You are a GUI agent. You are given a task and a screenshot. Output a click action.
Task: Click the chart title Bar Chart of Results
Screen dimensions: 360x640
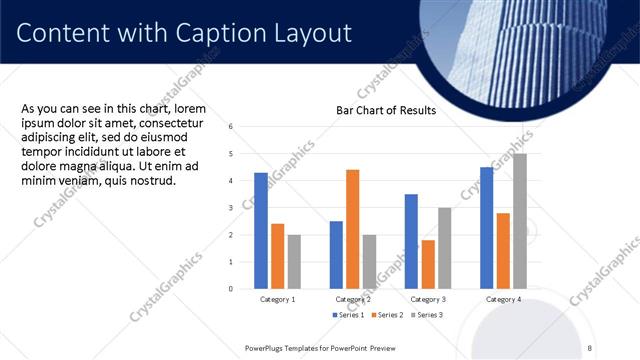(x=385, y=110)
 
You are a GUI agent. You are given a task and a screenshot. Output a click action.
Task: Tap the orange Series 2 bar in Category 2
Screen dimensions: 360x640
(x=352, y=229)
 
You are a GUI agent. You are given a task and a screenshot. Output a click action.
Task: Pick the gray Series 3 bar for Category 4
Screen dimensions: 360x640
(x=519, y=221)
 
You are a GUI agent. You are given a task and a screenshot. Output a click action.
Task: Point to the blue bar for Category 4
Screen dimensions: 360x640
(x=486, y=227)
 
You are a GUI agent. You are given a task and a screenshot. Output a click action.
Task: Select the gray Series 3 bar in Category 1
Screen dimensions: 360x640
(x=294, y=261)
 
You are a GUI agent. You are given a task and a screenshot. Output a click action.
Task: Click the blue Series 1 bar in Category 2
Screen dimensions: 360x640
(x=336, y=254)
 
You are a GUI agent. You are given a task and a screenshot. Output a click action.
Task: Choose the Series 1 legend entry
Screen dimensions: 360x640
(x=349, y=315)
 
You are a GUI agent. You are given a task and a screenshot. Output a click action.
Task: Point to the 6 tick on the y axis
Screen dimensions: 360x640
(x=231, y=127)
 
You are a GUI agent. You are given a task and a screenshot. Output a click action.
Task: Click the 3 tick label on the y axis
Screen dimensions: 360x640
(x=231, y=208)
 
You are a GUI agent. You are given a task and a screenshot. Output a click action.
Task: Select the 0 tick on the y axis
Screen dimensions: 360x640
(x=231, y=289)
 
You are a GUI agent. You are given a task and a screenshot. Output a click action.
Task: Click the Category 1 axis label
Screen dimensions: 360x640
(x=277, y=299)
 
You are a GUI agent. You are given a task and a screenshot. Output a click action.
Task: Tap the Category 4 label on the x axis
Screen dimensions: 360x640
(x=502, y=299)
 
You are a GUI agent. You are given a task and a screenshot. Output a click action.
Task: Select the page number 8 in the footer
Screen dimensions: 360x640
(x=590, y=348)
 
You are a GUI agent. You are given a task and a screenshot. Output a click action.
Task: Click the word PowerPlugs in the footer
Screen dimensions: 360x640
(x=268, y=348)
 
